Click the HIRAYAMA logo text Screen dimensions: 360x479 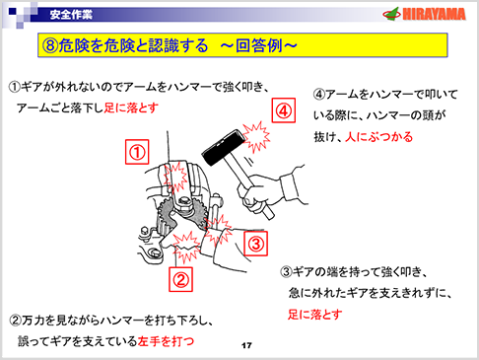[x=432, y=14]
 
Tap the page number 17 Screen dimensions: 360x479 [x=247, y=345]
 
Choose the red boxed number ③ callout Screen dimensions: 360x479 [x=254, y=242]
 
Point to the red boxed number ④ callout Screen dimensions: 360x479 [x=284, y=110]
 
